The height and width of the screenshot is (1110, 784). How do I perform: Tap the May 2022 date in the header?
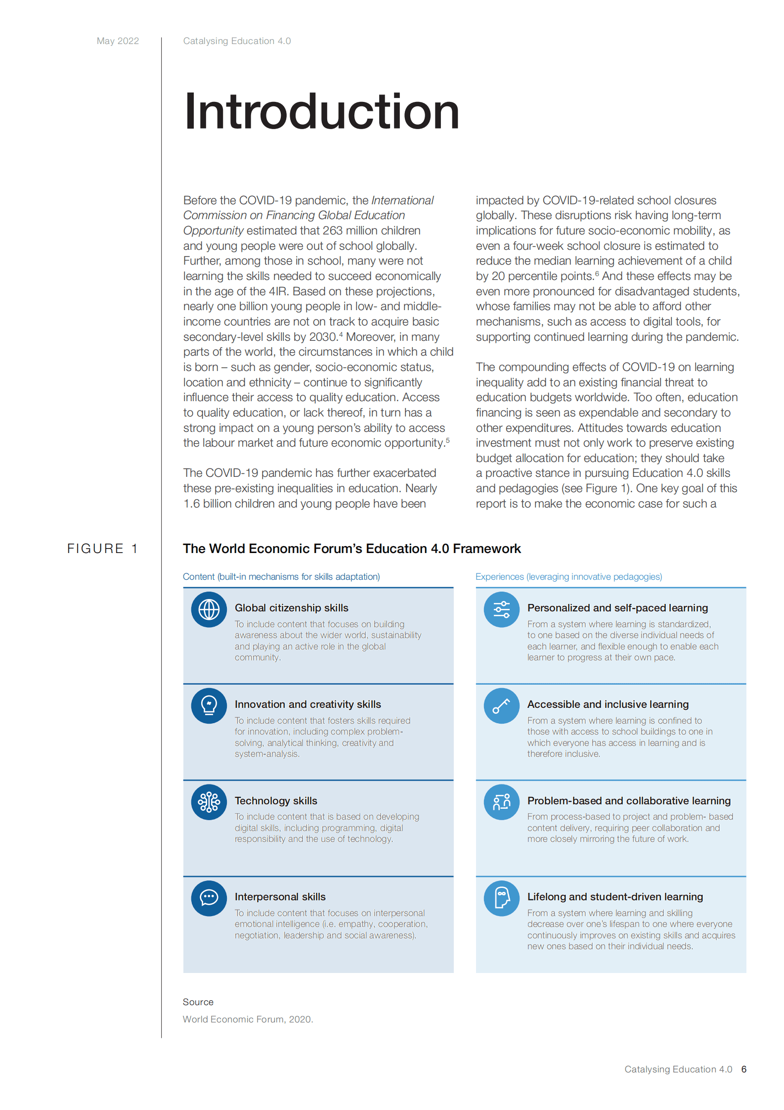coord(118,41)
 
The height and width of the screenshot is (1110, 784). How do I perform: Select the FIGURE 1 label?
coord(102,549)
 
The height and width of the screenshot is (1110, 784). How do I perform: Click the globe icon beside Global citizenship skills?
coord(209,609)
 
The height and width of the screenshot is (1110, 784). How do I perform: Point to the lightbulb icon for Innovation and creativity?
coord(209,706)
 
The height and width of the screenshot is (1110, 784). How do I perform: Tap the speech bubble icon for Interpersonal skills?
coord(209,898)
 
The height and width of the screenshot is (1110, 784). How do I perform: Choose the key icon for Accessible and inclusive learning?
coord(501,706)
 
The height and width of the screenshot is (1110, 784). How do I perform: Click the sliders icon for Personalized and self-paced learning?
coord(501,609)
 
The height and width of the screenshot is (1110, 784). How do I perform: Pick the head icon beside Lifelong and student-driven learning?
coord(501,898)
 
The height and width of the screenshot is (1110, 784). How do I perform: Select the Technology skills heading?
coord(276,801)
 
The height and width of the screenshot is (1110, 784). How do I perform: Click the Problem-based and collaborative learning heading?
coord(629,801)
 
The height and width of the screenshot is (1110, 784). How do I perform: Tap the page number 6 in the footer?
coord(743,1069)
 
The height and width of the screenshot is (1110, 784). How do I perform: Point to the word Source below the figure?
coord(198,1002)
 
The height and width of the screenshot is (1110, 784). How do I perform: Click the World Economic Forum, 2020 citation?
coord(248,1019)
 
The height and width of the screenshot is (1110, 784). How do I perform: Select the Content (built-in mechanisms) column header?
coord(281,577)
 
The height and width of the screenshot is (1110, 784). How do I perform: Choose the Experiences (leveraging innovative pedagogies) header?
coord(568,577)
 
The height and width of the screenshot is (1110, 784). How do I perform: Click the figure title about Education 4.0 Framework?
coord(351,549)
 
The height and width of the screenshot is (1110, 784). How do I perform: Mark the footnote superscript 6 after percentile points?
coord(597,274)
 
